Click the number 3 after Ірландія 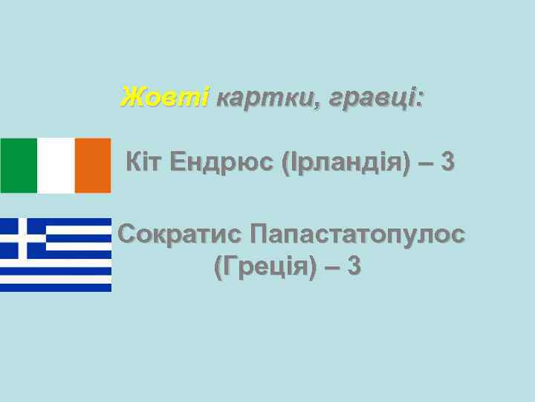[447, 161]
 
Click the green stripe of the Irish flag [18, 165]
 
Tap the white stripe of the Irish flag [56, 165]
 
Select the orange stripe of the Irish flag [93, 165]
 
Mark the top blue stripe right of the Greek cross [78, 222]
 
